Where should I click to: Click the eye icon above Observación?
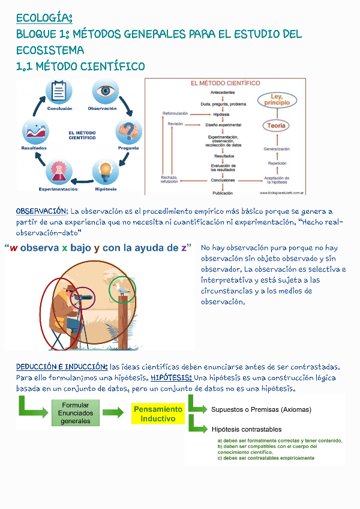coord(106,92)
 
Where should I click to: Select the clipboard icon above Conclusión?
coord(59,92)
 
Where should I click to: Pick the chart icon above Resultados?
coord(35,131)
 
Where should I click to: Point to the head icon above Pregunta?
coord(129,131)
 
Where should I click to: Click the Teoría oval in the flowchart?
coord(277,125)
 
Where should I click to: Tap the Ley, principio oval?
coord(277,100)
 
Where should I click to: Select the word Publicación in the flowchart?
coord(223,193)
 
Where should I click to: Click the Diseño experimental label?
coord(223,125)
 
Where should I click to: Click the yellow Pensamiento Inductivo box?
coord(158,414)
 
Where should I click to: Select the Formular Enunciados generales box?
coord(76,413)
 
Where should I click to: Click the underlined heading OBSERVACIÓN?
coord(42,211)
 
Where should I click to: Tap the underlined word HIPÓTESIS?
coord(171,378)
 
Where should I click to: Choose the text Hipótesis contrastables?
coord(247,429)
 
